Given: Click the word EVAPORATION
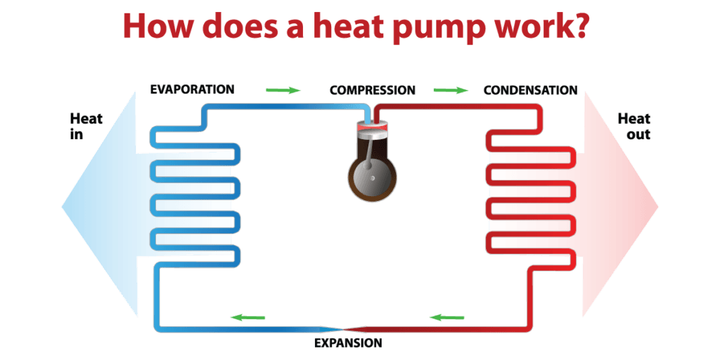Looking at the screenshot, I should [192, 89].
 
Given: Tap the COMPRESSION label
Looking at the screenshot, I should [372, 90].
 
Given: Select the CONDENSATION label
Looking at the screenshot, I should [530, 90].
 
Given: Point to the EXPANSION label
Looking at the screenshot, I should [347, 343].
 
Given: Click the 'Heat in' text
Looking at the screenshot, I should [86, 126].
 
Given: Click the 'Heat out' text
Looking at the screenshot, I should [634, 126].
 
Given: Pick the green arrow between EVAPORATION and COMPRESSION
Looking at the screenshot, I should [283, 90].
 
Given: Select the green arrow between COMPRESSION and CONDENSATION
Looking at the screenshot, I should [451, 90].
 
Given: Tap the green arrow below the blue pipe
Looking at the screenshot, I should [247, 317].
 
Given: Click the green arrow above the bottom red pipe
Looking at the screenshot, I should [447, 317].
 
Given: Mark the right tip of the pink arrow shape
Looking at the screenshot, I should [657, 206].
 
